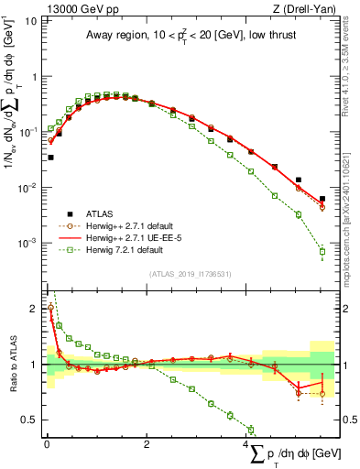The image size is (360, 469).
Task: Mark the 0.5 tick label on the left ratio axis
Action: (x=30, y=420)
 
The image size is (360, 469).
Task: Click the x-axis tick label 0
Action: (x=47, y=442)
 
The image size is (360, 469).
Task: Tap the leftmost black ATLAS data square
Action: (x=50, y=158)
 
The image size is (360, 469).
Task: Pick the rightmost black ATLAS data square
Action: (x=322, y=199)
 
